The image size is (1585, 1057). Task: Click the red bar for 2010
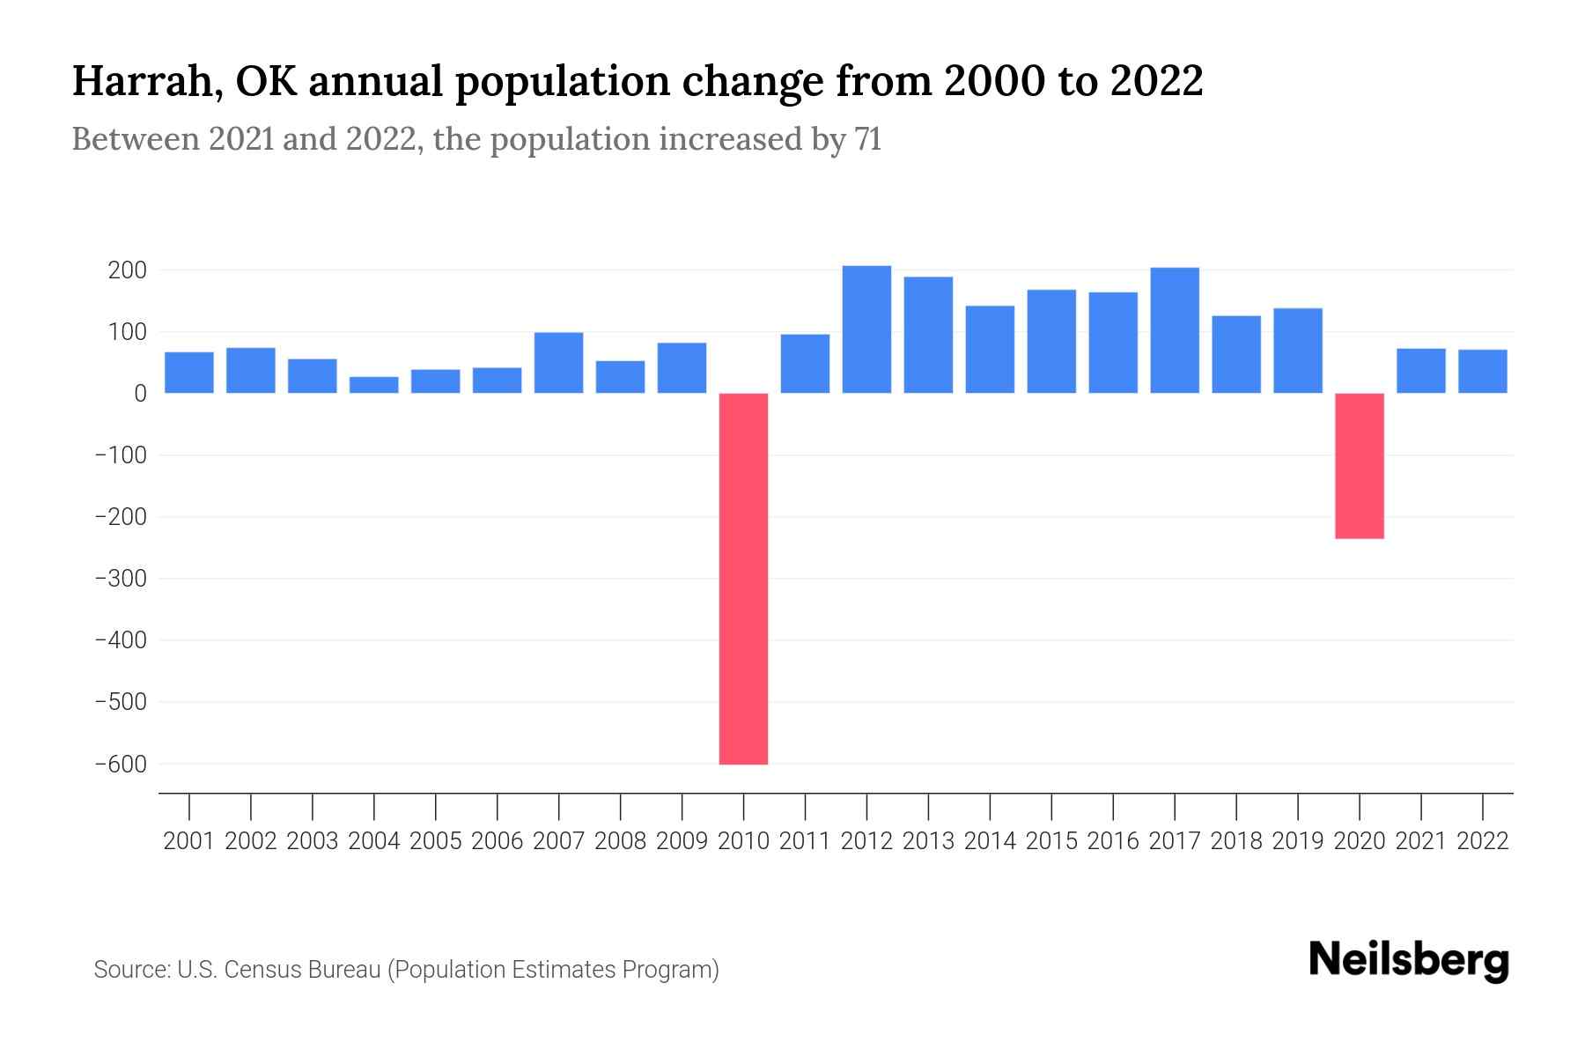pyautogui.click(x=743, y=579)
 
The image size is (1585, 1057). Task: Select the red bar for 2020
pyautogui.click(x=1359, y=466)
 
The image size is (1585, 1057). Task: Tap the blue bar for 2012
pyautogui.click(x=866, y=329)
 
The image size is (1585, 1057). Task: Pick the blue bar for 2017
pyautogui.click(x=1174, y=330)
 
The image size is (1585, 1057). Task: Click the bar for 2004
pyautogui.click(x=374, y=385)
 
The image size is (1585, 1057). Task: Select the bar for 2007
pyautogui.click(x=558, y=363)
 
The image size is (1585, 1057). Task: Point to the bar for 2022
pyautogui.click(x=1482, y=371)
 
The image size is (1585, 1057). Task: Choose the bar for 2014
pyautogui.click(x=990, y=349)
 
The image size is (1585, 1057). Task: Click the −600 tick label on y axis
pyautogui.click(x=121, y=765)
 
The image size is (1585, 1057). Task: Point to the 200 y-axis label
pyautogui.click(x=127, y=270)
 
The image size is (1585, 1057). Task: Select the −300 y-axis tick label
pyautogui.click(x=121, y=579)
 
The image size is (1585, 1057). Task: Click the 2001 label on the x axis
pyautogui.click(x=189, y=841)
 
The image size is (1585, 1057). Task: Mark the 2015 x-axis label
pyautogui.click(x=1051, y=841)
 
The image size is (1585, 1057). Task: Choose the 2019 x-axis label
pyautogui.click(x=1298, y=841)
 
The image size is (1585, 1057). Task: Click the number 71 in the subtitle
pyautogui.click(x=867, y=139)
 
